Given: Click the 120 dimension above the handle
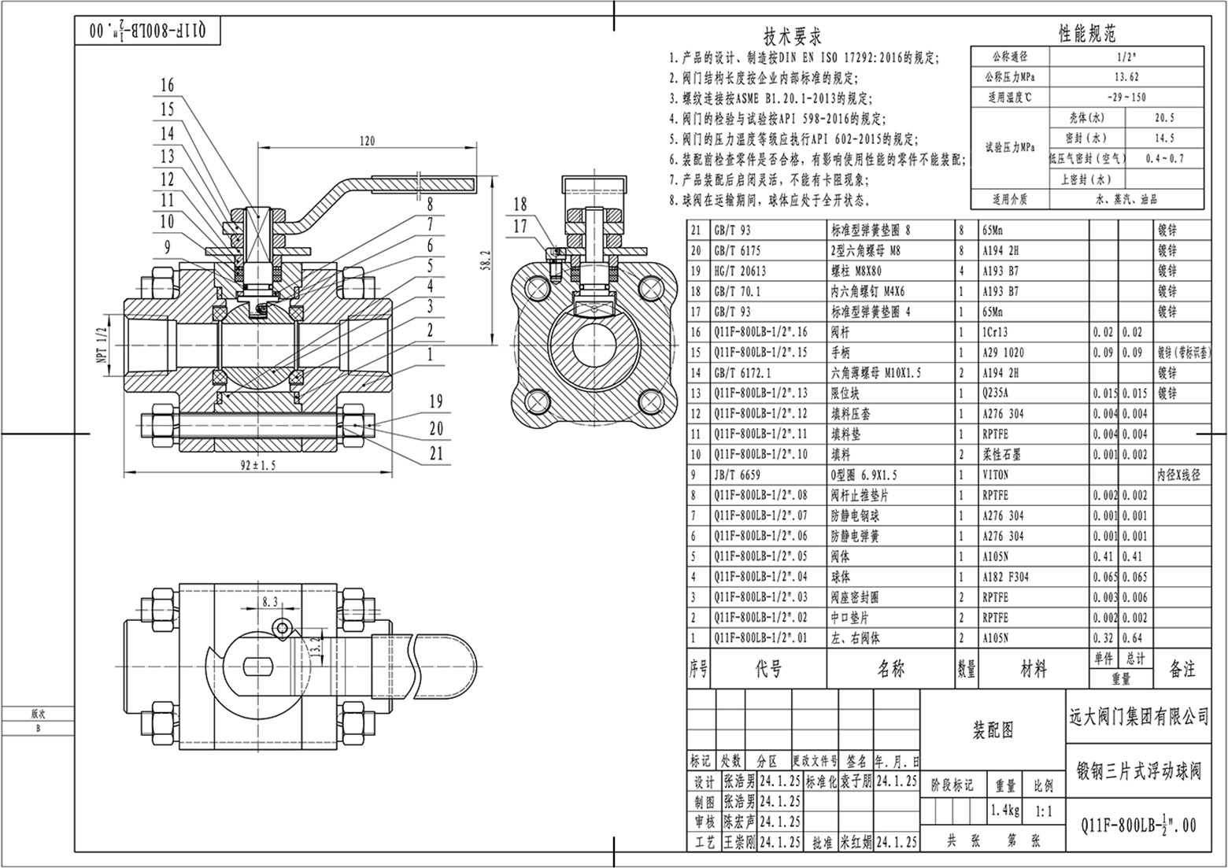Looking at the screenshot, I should pos(367,142).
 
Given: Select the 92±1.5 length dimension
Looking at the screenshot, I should pos(258,465).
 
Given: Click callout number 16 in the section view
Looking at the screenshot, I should pos(167,85).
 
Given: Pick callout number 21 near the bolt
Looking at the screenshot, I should pos(436,453).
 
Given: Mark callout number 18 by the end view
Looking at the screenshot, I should pos(520,205).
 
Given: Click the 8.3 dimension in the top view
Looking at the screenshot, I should pos(269,602).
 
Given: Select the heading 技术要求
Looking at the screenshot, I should pos(793,36).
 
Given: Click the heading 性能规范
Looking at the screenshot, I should pos(1087,33).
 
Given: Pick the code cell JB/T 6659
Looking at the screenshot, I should pos(735,475).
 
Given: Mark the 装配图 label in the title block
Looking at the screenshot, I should pos(993,730).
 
